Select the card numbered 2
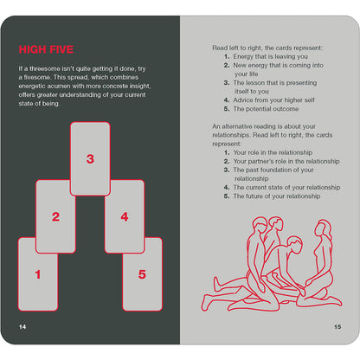click(x=55, y=216)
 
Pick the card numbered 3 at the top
click(x=90, y=158)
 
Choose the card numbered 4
click(x=125, y=216)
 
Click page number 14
click(x=22, y=327)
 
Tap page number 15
click(x=337, y=327)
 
